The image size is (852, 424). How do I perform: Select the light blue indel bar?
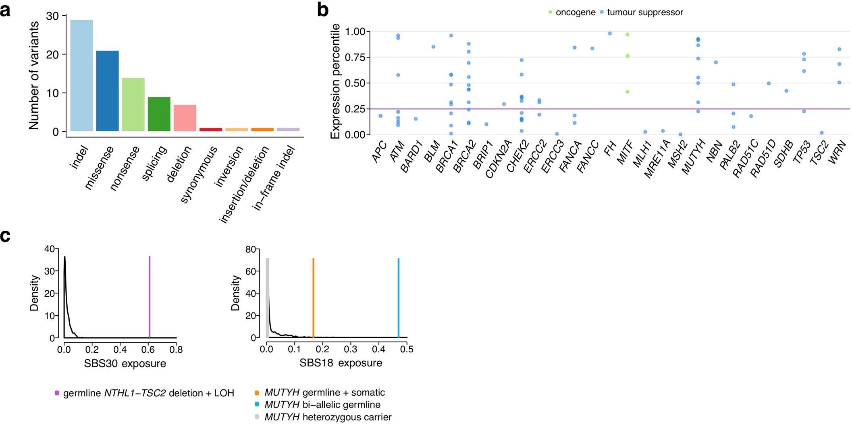pos(81,75)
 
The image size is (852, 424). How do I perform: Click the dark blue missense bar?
pos(107,91)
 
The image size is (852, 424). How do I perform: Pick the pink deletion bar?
pos(185,118)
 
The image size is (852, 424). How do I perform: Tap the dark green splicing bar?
pos(159,114)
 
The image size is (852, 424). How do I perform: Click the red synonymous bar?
pos(211,130)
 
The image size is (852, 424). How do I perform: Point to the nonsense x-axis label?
pos(125,168)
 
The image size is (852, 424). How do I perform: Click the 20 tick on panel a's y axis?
pos(53,54)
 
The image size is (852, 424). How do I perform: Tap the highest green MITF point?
pos(628,35)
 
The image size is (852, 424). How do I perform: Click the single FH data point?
pos(610,33)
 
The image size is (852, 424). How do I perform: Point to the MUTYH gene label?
pos(693,157)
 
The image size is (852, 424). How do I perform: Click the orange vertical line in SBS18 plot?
pos(313,298)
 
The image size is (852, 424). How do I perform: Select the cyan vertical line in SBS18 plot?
pos(398,298)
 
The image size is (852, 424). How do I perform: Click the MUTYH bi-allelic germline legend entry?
pos(322,405)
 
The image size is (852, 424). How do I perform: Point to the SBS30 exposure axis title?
pos(125,364)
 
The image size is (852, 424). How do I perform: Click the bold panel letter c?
pos(5,236)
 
